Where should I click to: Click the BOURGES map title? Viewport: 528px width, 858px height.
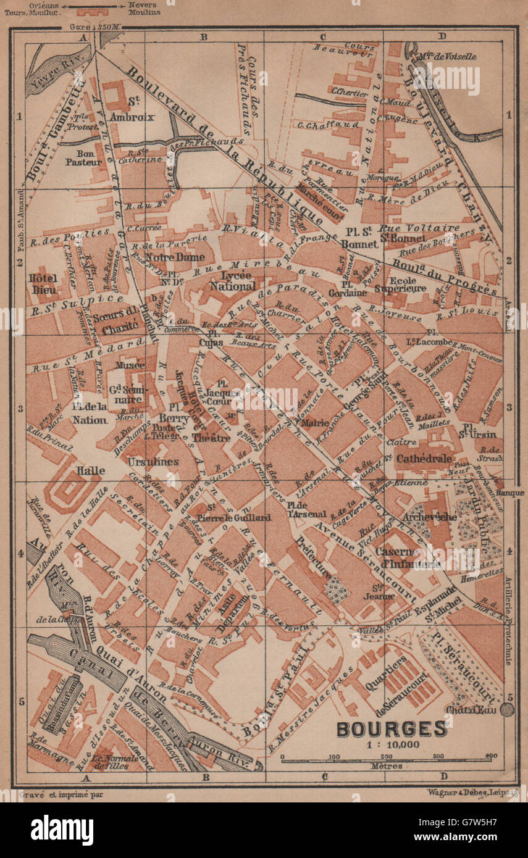391,728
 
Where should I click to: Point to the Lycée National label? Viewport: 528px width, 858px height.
232,281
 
